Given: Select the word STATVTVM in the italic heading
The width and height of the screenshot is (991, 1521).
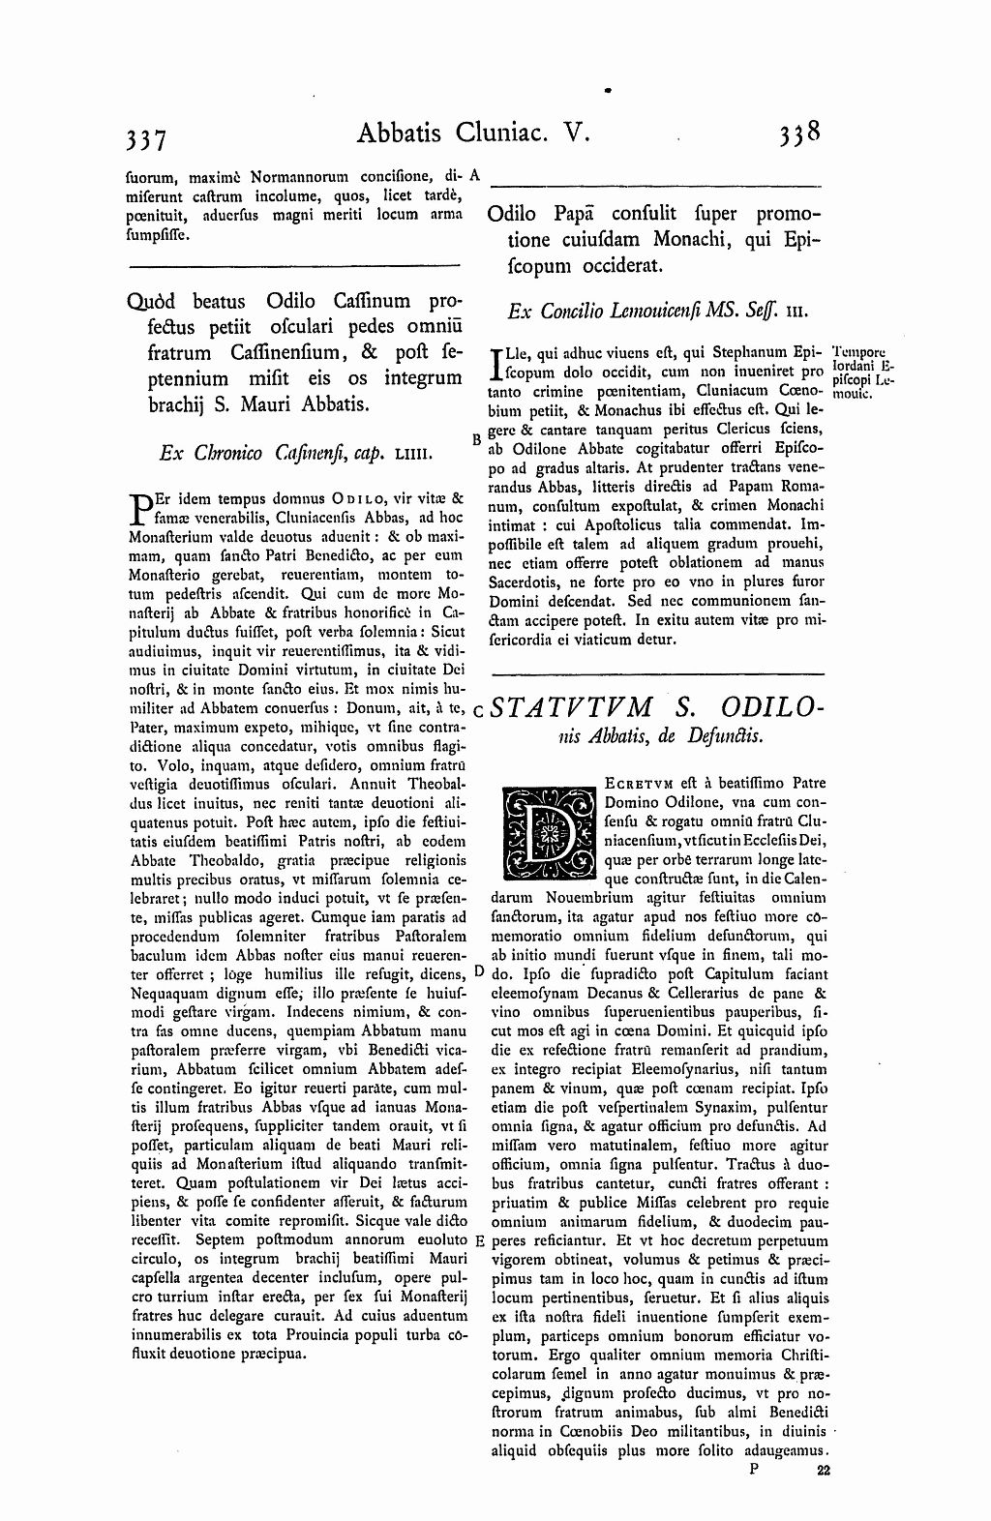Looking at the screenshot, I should (572, 707).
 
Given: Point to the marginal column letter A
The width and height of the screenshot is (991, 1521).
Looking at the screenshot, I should (474, 176).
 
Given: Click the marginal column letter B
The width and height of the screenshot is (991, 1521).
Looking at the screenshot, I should (476, 438).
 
